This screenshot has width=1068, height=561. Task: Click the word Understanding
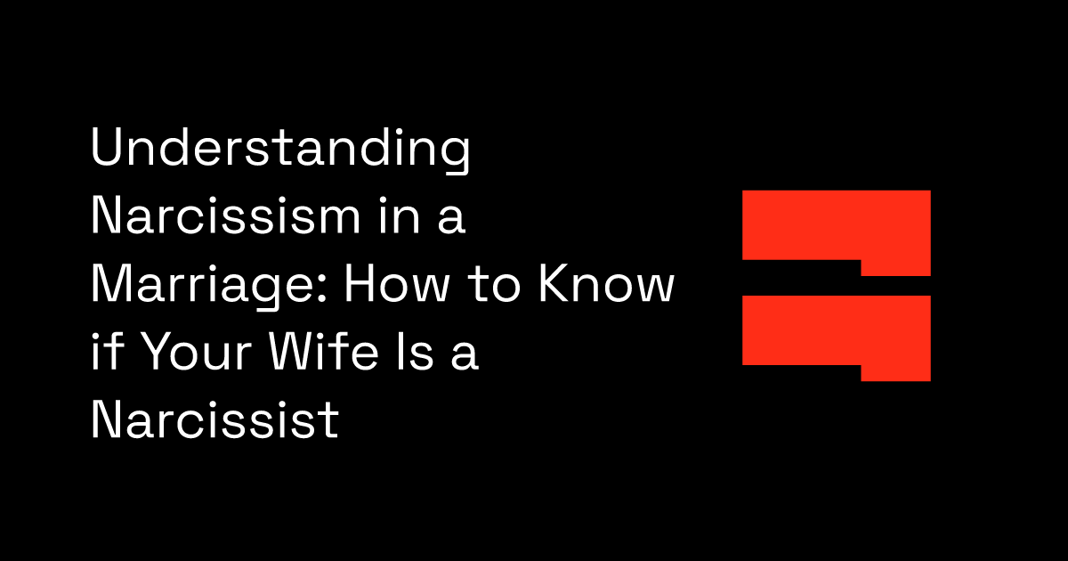coord(280,151)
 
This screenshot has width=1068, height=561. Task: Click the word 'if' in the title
coord(104,352)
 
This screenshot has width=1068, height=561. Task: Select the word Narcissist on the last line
coord(214,419)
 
